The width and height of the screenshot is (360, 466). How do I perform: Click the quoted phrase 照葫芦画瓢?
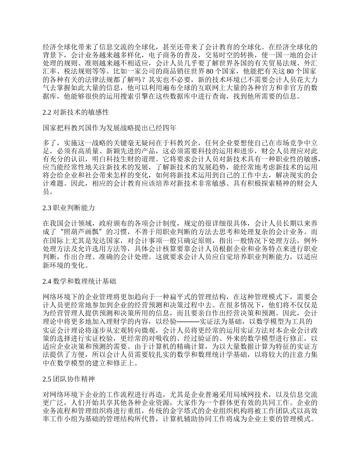pos(87,231)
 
